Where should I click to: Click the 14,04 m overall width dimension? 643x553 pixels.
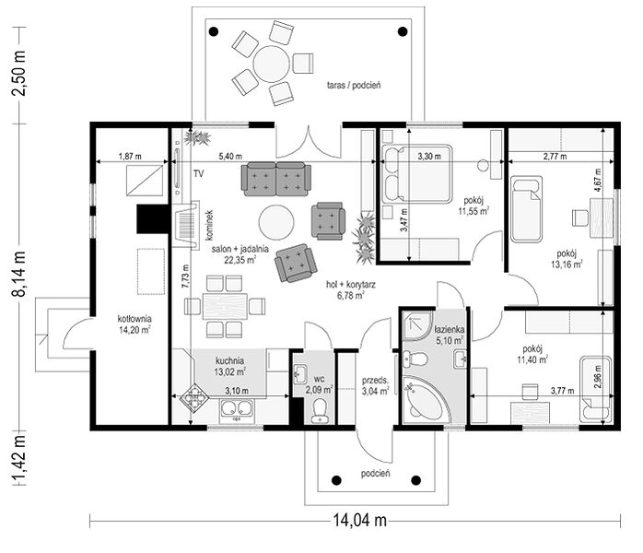point(359,520)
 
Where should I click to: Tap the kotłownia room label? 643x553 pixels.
point(134,318)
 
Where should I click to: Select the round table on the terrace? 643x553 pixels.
point(272,64)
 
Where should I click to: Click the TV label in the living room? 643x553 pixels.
point(198,174)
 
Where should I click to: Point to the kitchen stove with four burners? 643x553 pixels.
point(195,396)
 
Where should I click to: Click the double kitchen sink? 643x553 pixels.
point(237,408)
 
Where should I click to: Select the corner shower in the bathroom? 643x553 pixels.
point(416,326)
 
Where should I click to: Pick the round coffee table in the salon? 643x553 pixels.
point(276,222)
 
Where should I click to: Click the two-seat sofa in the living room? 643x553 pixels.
point(276,179)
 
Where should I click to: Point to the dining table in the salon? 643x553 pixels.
point(225,306)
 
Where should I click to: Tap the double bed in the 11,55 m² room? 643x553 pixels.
point(416,174)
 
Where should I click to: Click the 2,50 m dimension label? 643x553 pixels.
point(19,74)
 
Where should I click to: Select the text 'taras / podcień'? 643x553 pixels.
point(354,85)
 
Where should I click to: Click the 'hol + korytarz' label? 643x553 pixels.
point(351,284)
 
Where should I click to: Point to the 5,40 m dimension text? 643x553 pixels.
point(230,157)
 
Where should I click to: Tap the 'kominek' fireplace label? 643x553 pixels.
point(209,225)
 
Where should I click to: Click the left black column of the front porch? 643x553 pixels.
point(336,480)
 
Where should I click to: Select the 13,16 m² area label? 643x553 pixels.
point(567,264)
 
